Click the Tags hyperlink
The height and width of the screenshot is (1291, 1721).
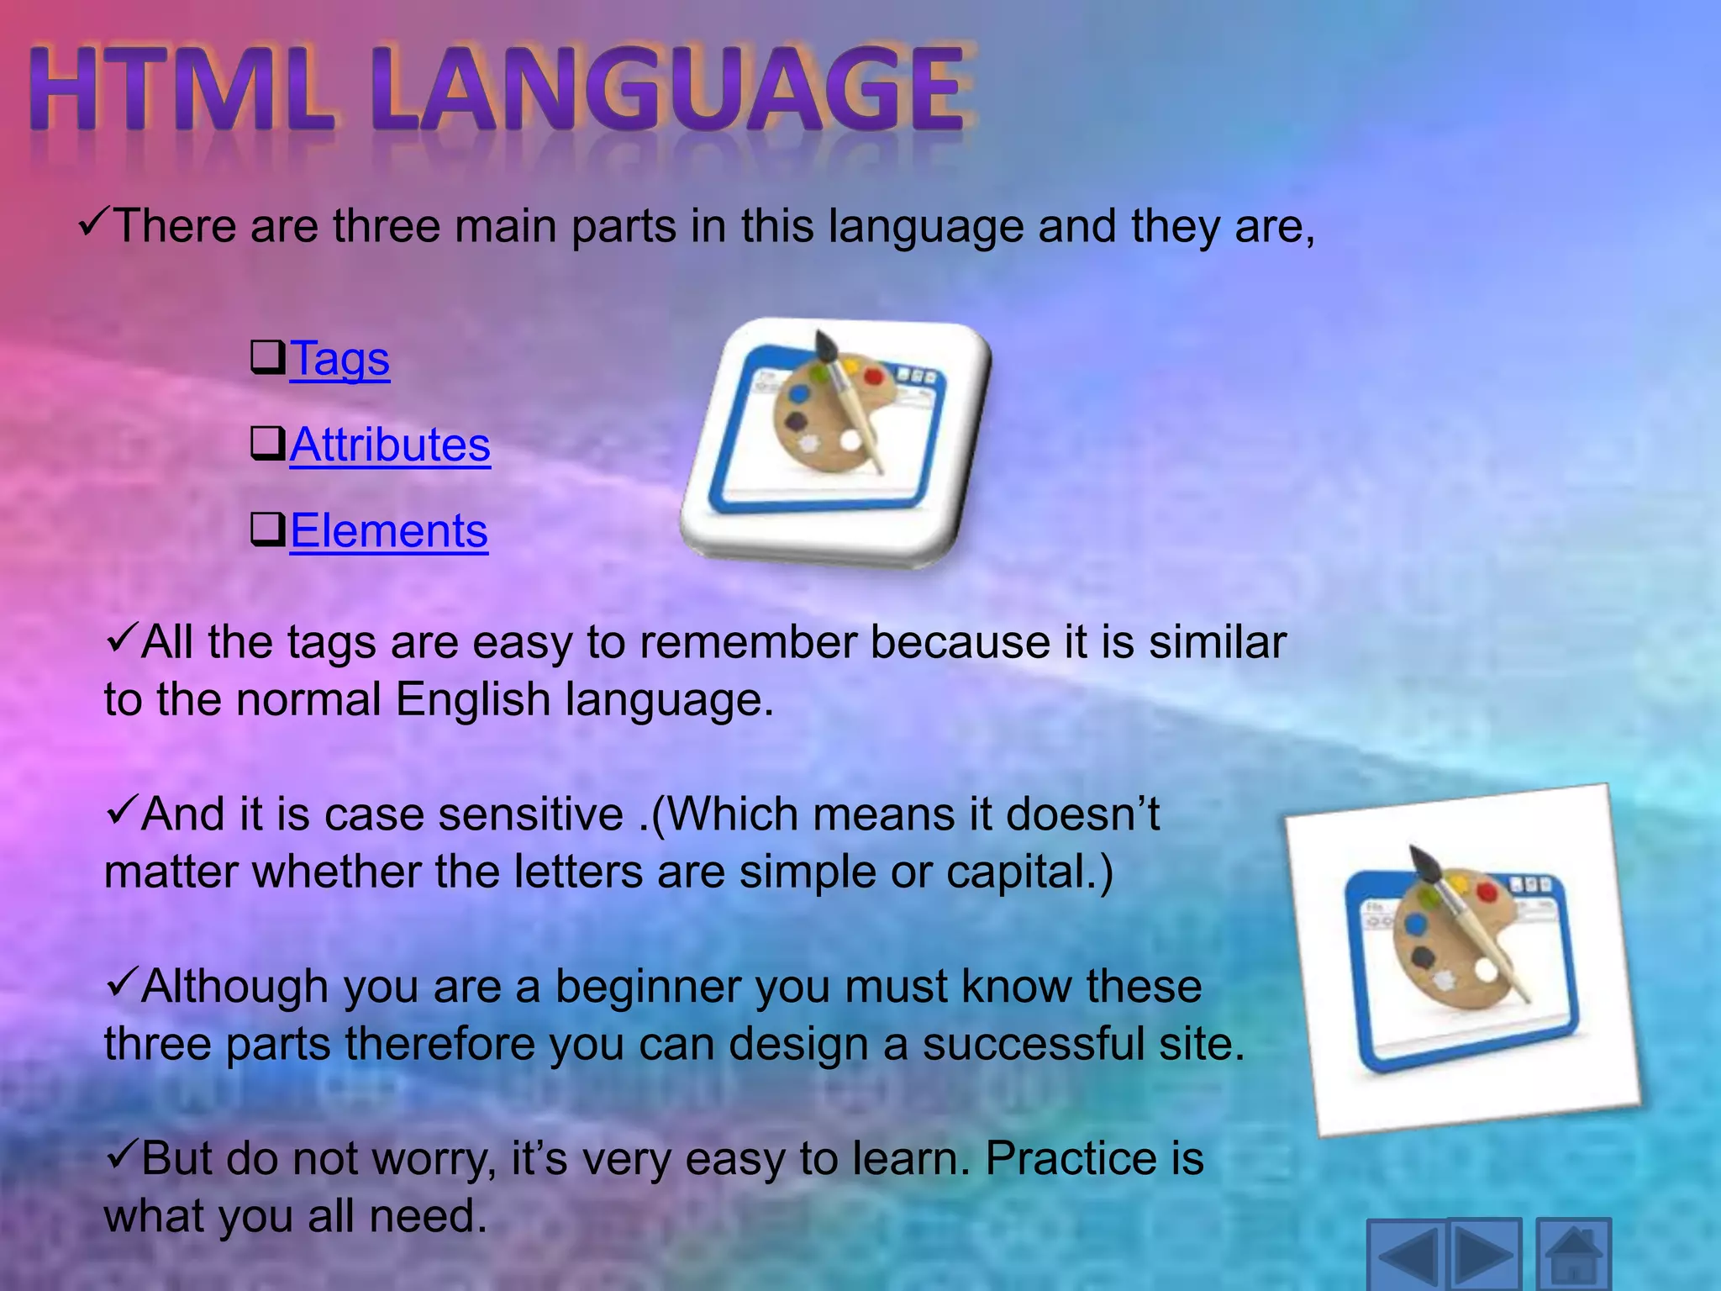click(x=339, y=360)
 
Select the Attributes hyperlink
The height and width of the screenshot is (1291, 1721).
click(x=390, y=445)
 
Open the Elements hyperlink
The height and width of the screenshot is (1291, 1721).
click(x=388, y=532)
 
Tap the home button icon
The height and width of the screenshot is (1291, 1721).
click(x=1573, y=1255)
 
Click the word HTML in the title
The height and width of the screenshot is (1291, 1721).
click(x=181, y=91)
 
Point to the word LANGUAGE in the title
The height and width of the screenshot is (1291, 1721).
click(x=673, y=91)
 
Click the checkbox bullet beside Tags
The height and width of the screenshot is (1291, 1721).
click(x=268, y=357)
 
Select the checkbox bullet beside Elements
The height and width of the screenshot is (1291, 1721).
click(x=268, y=530)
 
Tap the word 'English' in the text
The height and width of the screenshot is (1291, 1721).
click(x=472, y=699)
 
